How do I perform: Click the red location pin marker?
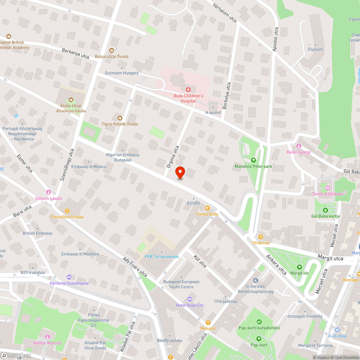pos(180,173)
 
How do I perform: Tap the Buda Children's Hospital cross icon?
pos(188,89)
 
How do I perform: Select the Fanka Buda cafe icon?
pos(207,208)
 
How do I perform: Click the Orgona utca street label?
pos(173,157)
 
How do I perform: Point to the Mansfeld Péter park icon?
pos(253,160)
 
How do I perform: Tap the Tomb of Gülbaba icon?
pos(327,188)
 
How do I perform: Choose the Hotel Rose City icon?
pos(190,299)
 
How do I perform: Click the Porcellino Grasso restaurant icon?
pos(67,211)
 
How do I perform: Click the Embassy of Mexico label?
pos(89,167)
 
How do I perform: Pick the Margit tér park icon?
pos(299,267)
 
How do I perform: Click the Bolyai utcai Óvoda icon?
pos(112,50)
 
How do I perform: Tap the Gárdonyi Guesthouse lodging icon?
pos(69,277)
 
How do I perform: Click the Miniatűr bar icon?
pos(208,322)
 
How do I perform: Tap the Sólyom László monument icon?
pos(49,192)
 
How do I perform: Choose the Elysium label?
pos(315,49)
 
